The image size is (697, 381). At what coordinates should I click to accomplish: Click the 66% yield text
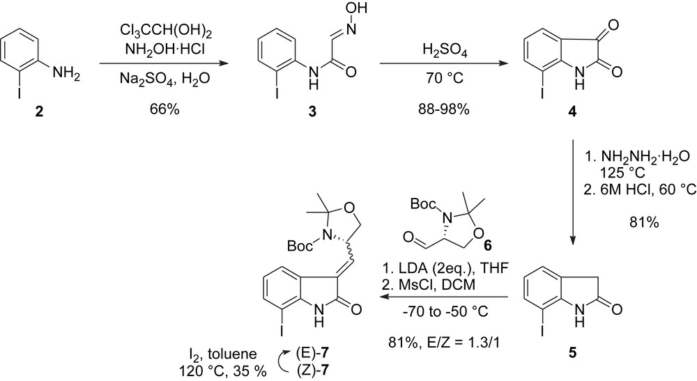click(x=164, y=91)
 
